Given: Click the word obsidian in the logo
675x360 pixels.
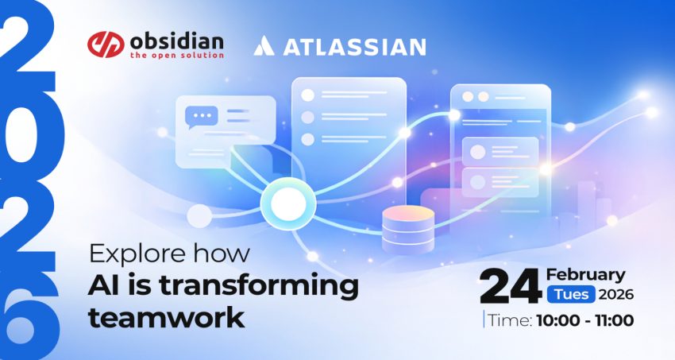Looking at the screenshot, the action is pos(176,42).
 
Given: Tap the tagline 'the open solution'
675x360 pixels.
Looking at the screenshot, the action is pos(177,55).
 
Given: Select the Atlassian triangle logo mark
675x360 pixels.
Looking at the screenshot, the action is pos(264,46).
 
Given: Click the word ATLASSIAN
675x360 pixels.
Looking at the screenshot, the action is pos(355,47).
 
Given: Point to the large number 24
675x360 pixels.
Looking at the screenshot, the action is pos(511,286).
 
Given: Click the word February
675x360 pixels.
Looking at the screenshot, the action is pos(585,275).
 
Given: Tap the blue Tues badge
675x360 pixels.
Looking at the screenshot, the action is pos(571,295).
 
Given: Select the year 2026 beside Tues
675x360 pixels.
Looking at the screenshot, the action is pos(616,295).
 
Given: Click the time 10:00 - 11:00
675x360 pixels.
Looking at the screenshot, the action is pos(585,320).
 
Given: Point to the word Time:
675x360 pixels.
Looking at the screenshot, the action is pos(511,320).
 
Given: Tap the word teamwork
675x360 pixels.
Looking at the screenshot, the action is pos(167,317).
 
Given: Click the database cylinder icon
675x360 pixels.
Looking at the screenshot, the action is pos(407,229).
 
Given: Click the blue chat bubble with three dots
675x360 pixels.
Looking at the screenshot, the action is pos(202,117).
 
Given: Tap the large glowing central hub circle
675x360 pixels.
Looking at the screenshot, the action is pos(288,203).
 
